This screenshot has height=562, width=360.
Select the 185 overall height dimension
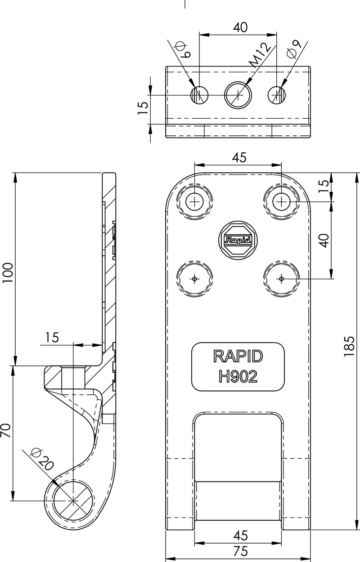349,346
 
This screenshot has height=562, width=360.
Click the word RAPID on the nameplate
238,356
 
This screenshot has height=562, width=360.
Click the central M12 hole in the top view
238,95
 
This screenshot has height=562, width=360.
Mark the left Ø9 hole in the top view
199,95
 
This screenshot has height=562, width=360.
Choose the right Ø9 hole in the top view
277,95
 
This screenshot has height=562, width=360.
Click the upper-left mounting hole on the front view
195,202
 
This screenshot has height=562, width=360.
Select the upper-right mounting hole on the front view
281,202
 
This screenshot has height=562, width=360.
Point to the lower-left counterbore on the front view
195,279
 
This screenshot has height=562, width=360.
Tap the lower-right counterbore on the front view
281,279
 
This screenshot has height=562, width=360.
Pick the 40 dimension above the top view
240,27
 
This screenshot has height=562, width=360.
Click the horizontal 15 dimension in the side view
52,338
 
